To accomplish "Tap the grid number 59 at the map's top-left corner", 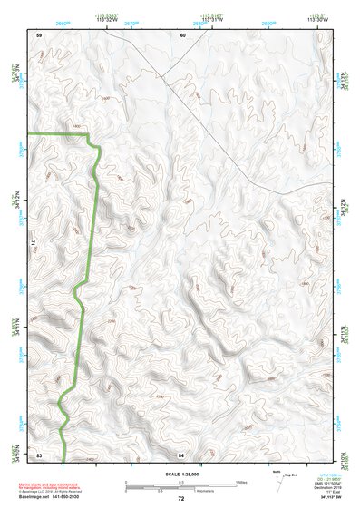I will click(39, 34).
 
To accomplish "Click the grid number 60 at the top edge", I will click(182, 34).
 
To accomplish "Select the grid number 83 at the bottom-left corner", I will click(39, 453).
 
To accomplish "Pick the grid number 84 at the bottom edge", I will click(181, 453).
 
